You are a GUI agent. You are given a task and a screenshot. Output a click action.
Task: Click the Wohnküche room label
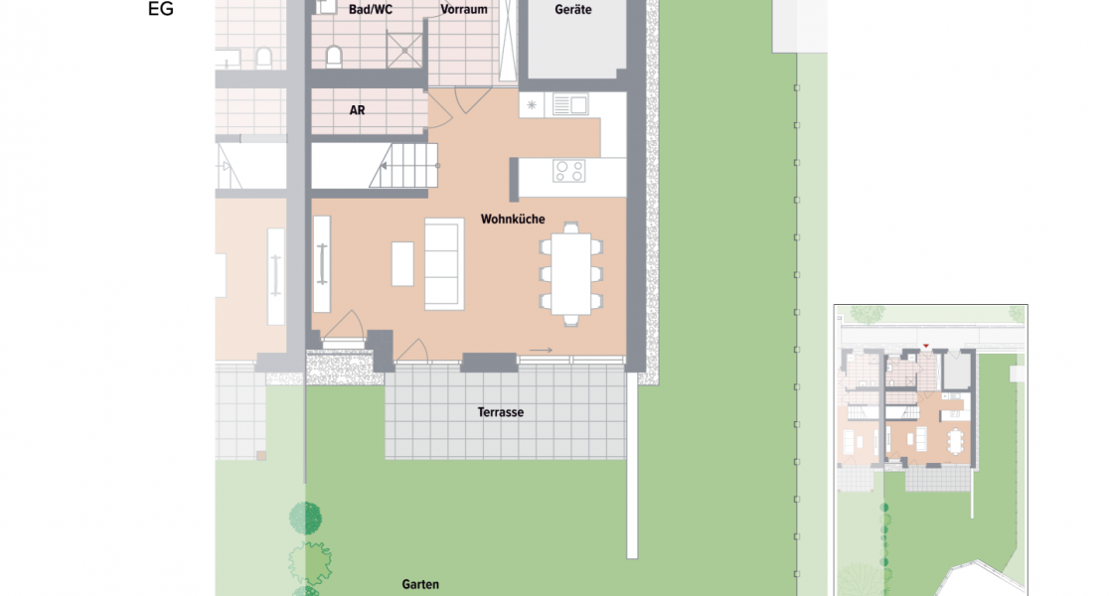513,219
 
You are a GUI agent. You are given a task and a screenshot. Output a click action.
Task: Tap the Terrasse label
500,412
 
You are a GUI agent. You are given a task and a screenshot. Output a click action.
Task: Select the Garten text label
420,585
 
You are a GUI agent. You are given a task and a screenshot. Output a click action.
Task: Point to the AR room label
357,110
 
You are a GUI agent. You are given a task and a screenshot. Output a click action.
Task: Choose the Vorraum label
463,9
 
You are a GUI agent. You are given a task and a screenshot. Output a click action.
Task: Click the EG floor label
160,11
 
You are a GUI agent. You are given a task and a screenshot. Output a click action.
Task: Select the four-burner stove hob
569,171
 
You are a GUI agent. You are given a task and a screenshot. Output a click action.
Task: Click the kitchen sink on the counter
570,103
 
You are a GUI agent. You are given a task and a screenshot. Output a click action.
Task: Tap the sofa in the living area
443,263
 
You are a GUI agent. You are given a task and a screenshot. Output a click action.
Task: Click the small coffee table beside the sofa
402,263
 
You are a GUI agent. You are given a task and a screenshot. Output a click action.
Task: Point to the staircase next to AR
404,165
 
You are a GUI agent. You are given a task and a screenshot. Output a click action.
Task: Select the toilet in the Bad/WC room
334,56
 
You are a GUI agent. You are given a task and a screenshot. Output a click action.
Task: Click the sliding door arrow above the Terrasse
542,350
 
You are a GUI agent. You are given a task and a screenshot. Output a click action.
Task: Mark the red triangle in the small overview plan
926,346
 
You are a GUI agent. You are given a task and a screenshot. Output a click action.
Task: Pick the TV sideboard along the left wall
322,263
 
